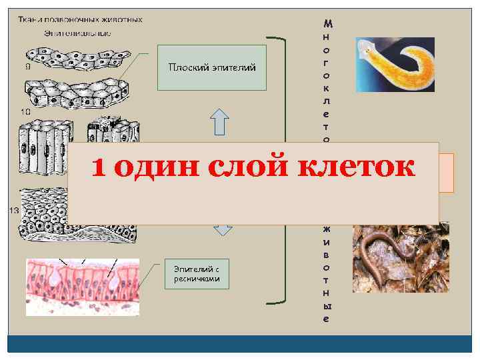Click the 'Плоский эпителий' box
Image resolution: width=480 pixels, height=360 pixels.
(212, 67)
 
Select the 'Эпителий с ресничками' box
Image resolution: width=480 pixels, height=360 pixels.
(197, 273)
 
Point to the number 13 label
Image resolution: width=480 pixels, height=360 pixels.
(13, 211)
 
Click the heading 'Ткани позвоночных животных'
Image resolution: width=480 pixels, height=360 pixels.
(80, 19)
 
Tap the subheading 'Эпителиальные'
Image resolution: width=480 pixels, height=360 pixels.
(77, 32)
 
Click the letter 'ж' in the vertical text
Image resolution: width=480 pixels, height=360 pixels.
(326, 229)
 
